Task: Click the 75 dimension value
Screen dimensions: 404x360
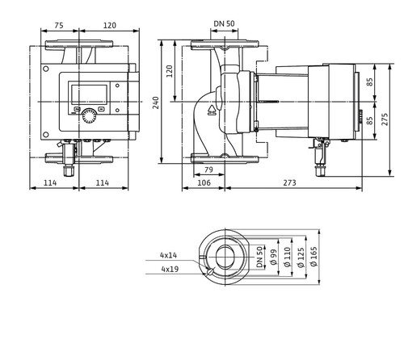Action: coord(59,25)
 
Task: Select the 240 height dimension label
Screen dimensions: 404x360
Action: coord(156,103)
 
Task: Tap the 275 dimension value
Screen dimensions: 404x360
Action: coord(385,119)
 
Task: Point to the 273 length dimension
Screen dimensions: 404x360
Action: coord(289,183)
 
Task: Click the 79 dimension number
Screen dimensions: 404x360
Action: coord(208,170)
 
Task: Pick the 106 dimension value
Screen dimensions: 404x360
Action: coord(204,183)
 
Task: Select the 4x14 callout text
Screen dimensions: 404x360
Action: coord(169,255)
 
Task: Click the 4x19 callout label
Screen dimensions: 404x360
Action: coord(170,269)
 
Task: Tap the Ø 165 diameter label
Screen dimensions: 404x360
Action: coord(314,257)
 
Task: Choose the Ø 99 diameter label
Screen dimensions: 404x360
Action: coord(274,257)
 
